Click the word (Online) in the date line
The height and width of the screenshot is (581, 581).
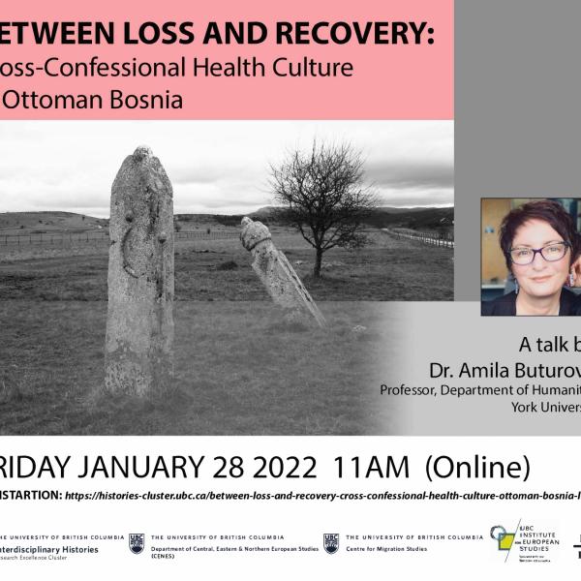coord(474,468)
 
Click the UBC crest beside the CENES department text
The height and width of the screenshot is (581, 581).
coord(137,543)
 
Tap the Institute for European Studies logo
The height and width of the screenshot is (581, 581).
coord(523,540)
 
